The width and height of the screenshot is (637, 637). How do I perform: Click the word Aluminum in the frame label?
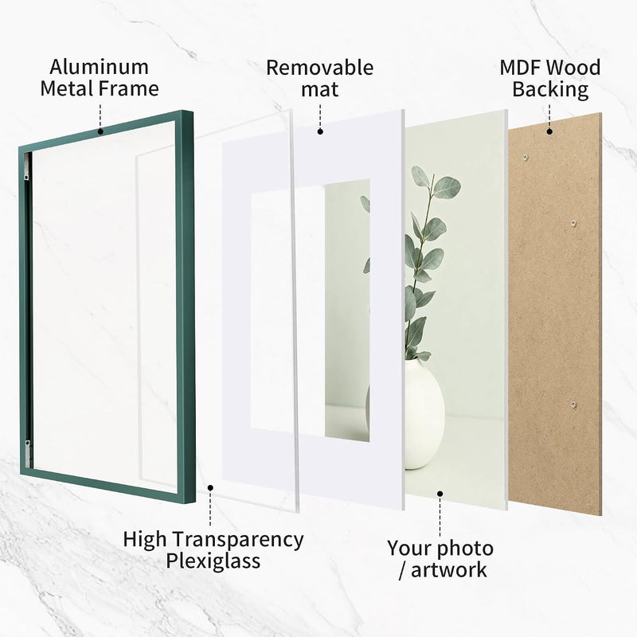(x=99, y=67)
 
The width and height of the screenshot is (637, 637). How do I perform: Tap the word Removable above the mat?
(x=320, y=68)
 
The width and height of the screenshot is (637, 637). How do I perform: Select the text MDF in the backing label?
(x=519, y=68)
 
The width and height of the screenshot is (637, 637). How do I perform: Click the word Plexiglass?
(x=213, y=561)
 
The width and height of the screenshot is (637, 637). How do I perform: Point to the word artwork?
(x=448, y=569)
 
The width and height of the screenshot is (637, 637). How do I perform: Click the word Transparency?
(x=240, y=540)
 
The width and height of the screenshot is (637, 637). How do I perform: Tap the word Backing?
(x=550, y=89)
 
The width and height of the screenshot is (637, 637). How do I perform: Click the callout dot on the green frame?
(x=100, y=131)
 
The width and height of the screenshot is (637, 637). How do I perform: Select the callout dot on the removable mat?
(x=320, y=131)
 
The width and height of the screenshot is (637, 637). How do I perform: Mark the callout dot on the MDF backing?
(x=549, y=131)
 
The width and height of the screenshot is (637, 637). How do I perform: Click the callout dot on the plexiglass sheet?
(x=210, y=488)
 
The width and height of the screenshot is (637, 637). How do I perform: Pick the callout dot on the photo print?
(x=440, y=494)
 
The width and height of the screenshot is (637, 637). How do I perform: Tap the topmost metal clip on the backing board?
(x=526, y=157)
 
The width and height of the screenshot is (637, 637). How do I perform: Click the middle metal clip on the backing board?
(x=573, y=223)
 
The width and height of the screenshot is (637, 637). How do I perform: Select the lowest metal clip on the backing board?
(x=573, y=404)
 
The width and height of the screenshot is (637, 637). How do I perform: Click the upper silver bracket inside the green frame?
(x=26, y=167)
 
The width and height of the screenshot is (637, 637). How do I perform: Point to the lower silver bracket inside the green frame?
(x=27, y=453)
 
